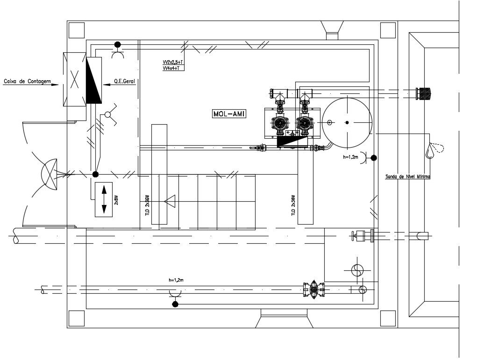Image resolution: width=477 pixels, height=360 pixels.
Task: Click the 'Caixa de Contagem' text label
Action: [27, 82]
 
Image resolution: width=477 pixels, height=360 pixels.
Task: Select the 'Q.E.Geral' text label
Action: [124, 82]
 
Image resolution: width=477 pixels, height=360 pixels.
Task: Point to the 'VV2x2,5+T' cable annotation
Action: [173, 62]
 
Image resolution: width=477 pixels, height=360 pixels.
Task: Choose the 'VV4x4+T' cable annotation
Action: [172, 68]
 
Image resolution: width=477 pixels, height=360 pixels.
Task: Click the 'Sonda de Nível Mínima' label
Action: [407, 177]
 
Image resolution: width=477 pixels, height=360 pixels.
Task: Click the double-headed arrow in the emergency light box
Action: [104, 200]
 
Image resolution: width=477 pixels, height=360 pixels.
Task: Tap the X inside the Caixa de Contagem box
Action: [75, 79]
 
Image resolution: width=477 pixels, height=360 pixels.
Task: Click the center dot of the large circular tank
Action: [347, 122]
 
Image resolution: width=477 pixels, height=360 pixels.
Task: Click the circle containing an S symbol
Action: [357, 270]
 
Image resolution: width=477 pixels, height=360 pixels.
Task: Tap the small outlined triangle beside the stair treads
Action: [170, 201]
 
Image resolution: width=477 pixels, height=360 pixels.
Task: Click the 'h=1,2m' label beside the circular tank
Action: [350, 158]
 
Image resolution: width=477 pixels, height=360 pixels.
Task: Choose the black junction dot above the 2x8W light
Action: [95, 175]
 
